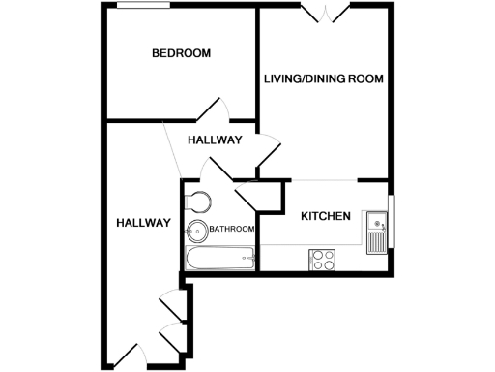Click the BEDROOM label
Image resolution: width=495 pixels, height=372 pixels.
point(182,53)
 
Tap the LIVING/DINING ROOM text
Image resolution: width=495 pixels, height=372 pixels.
point(324,78)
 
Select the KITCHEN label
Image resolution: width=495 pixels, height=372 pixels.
point(325,216)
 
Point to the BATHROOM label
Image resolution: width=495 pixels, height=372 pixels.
point(232,230)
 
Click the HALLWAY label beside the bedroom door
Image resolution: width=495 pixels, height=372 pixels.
point(215,140)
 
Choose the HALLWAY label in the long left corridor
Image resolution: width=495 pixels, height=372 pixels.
point(143,223)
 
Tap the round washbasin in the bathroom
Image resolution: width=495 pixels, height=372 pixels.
point(197,232)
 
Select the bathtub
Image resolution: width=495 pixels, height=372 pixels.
point(218,259)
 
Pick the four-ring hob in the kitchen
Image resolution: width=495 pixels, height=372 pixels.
point(321,259)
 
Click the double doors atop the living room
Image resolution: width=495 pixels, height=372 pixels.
point(325,12)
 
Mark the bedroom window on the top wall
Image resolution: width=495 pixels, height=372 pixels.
point(145,7)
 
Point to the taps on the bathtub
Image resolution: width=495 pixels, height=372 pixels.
point(248,258)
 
